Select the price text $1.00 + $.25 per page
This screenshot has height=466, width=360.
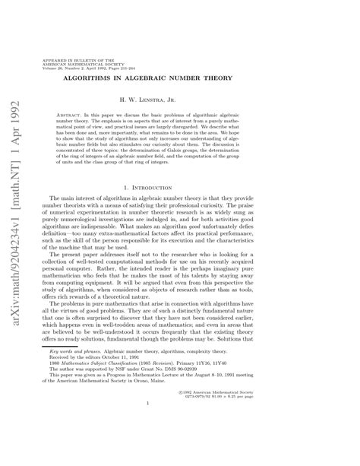[268, 437]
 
